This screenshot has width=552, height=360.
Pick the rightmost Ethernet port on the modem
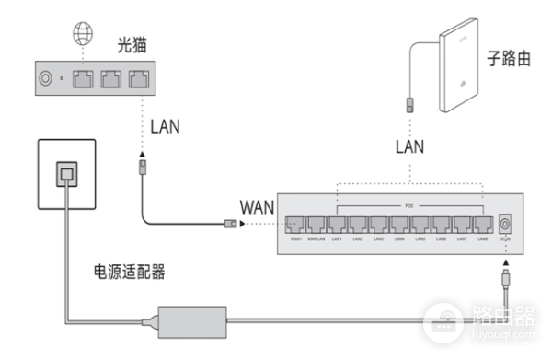click(140, 79)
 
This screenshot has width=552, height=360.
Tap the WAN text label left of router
click(257, 204)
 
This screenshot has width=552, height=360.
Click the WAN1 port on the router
click(296, 224)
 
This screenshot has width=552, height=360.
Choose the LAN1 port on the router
click(338, 224)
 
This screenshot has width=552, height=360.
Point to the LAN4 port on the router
click(399, 224)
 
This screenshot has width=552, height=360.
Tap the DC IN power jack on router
click(505, 224)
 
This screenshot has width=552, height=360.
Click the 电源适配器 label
click(131, 273)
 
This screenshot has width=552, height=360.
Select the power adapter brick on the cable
click(193, 319)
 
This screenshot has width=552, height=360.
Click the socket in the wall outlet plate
click(67, 171)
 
